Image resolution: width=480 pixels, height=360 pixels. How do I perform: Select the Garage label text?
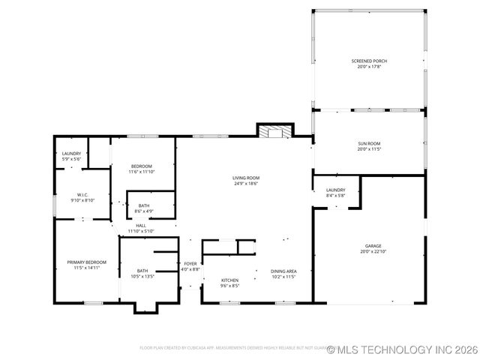pos(373,245)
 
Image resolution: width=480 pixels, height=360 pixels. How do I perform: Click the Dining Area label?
pos(283,271)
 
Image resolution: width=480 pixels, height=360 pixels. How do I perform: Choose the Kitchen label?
pos(229,280)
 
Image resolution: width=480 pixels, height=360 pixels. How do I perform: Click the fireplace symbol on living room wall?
pos(274,132)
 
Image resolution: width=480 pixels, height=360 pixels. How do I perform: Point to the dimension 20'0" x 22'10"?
pos(373,251)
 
